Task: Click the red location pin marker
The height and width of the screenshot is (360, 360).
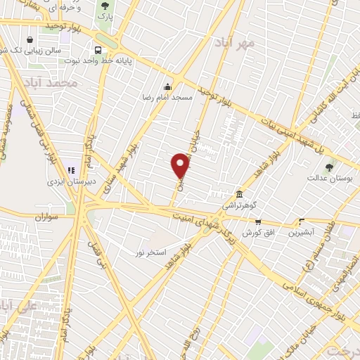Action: [x=181, y=165]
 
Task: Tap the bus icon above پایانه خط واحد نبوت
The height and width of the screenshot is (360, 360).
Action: [x=98, y=50]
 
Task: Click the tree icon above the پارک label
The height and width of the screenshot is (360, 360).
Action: [x=104, y=6]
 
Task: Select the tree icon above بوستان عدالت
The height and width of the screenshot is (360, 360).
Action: [x=330, y=167]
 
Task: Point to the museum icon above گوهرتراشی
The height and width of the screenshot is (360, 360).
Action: [x=240, y=194]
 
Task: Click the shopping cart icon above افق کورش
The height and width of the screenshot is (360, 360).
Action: [x=257, y=222]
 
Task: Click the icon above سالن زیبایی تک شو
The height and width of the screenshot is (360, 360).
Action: [x=30, y=40]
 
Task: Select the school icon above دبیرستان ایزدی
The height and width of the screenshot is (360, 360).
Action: [x=70, y=169]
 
